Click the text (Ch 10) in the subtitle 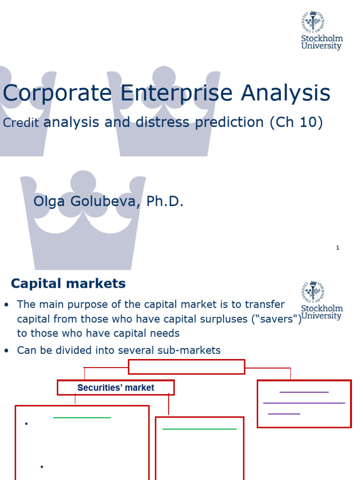pos(296,122)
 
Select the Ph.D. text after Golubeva pos(165,202)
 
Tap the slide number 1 pos(337,248)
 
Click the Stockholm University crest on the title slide pos(313,22)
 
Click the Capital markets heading pos(68,284)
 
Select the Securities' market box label pos(116,388)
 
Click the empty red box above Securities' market pos(187,367)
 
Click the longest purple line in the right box pos(304,403)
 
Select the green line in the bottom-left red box pos(82,417)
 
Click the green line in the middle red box pos(199,429)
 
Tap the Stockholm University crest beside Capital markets pos(313,292)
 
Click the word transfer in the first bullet pos(265,304)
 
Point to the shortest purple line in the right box pos(284,413)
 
